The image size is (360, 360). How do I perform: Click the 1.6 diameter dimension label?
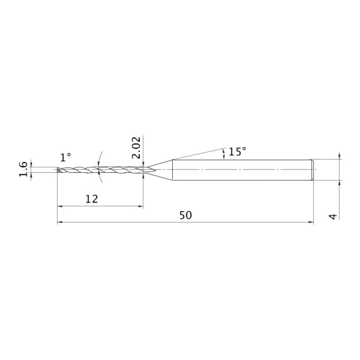pos(23,169)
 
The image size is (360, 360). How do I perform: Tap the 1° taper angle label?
pos(66,158)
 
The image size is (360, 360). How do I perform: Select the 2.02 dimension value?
pos(136,148)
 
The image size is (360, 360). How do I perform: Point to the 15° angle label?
pos(237,152)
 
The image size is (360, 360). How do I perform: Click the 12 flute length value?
pos(92,199)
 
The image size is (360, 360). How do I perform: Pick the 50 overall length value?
pos(185,215)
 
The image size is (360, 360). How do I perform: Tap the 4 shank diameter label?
pos(333,216)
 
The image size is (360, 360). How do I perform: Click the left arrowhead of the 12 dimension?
pos(60,206)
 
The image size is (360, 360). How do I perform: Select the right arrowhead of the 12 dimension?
pos(140,206)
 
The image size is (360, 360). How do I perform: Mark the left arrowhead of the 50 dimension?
pos(60,222)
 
